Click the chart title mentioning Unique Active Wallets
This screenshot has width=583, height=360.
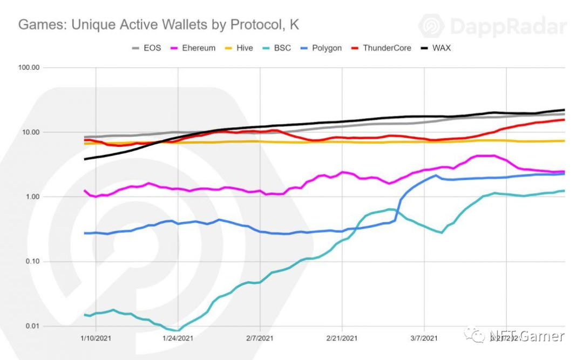(158, 25)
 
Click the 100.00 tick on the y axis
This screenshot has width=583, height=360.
(29, 67)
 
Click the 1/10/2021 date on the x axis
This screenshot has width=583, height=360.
(96, 338)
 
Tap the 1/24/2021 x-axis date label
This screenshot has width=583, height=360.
(178, 338)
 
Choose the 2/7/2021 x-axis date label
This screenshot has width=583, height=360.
(260, 338)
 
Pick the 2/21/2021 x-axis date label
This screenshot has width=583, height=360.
(342, 338)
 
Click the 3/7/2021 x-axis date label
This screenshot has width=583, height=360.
(424, 338)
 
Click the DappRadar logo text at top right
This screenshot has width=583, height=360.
(507, 26)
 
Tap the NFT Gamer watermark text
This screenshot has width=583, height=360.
(526, 336)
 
